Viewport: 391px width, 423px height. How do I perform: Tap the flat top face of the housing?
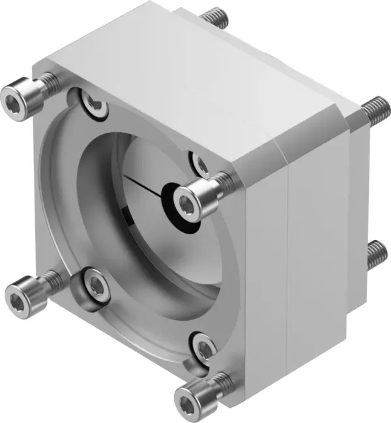tap(195, 65)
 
